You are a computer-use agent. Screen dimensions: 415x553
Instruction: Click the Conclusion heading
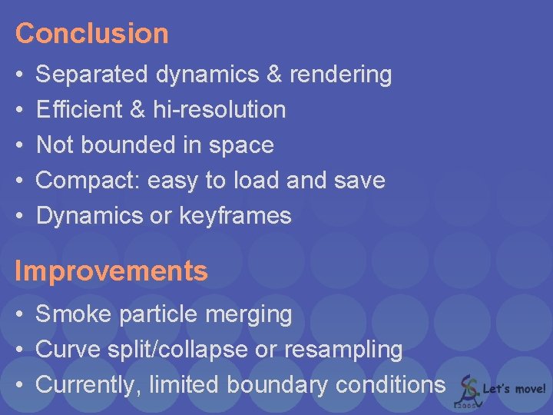point(91,33)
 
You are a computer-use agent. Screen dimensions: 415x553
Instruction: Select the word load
point(253,181)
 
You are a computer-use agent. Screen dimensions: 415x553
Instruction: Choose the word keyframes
point(235,216)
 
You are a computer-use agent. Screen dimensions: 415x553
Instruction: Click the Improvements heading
point(111,271)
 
